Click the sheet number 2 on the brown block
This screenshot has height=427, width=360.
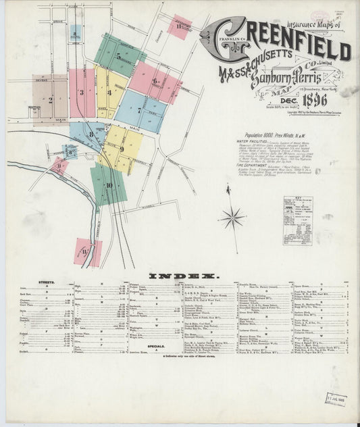click(x=50, y=100)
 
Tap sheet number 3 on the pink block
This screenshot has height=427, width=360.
click(x=82, y=93)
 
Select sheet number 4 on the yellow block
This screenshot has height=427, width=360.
click(x=109, y=92)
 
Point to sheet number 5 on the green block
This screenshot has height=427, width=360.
click(x=118, y=57)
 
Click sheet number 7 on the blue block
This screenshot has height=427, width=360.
click(x=139, y=109)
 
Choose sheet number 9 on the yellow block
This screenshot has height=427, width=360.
click(x=122, y=149)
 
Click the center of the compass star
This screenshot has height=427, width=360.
click(x=232, y=218)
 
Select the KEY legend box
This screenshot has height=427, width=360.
click(x=297, y=220)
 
